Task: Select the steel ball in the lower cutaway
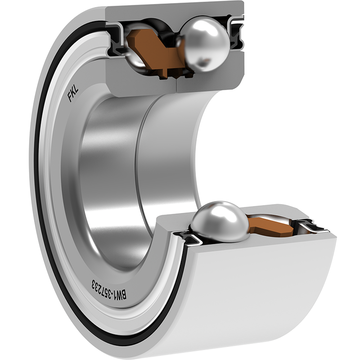coord(220,221)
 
